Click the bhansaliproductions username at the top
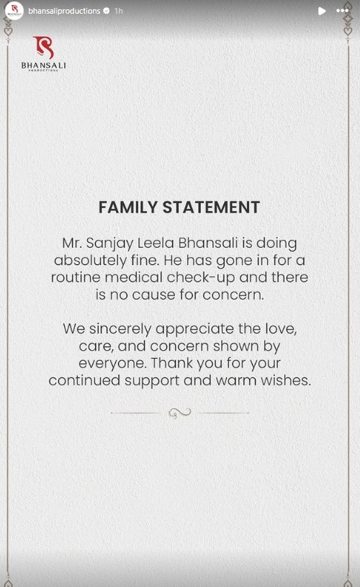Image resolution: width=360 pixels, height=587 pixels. (64, 11)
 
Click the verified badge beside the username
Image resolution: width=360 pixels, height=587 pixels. (107, 11)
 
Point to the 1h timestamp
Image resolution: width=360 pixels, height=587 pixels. (119, 11)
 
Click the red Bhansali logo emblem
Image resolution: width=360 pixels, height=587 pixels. (43, 48)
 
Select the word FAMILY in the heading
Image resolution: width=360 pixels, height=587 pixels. (128, 207)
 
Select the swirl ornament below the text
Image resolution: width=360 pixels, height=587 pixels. (179, 413)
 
